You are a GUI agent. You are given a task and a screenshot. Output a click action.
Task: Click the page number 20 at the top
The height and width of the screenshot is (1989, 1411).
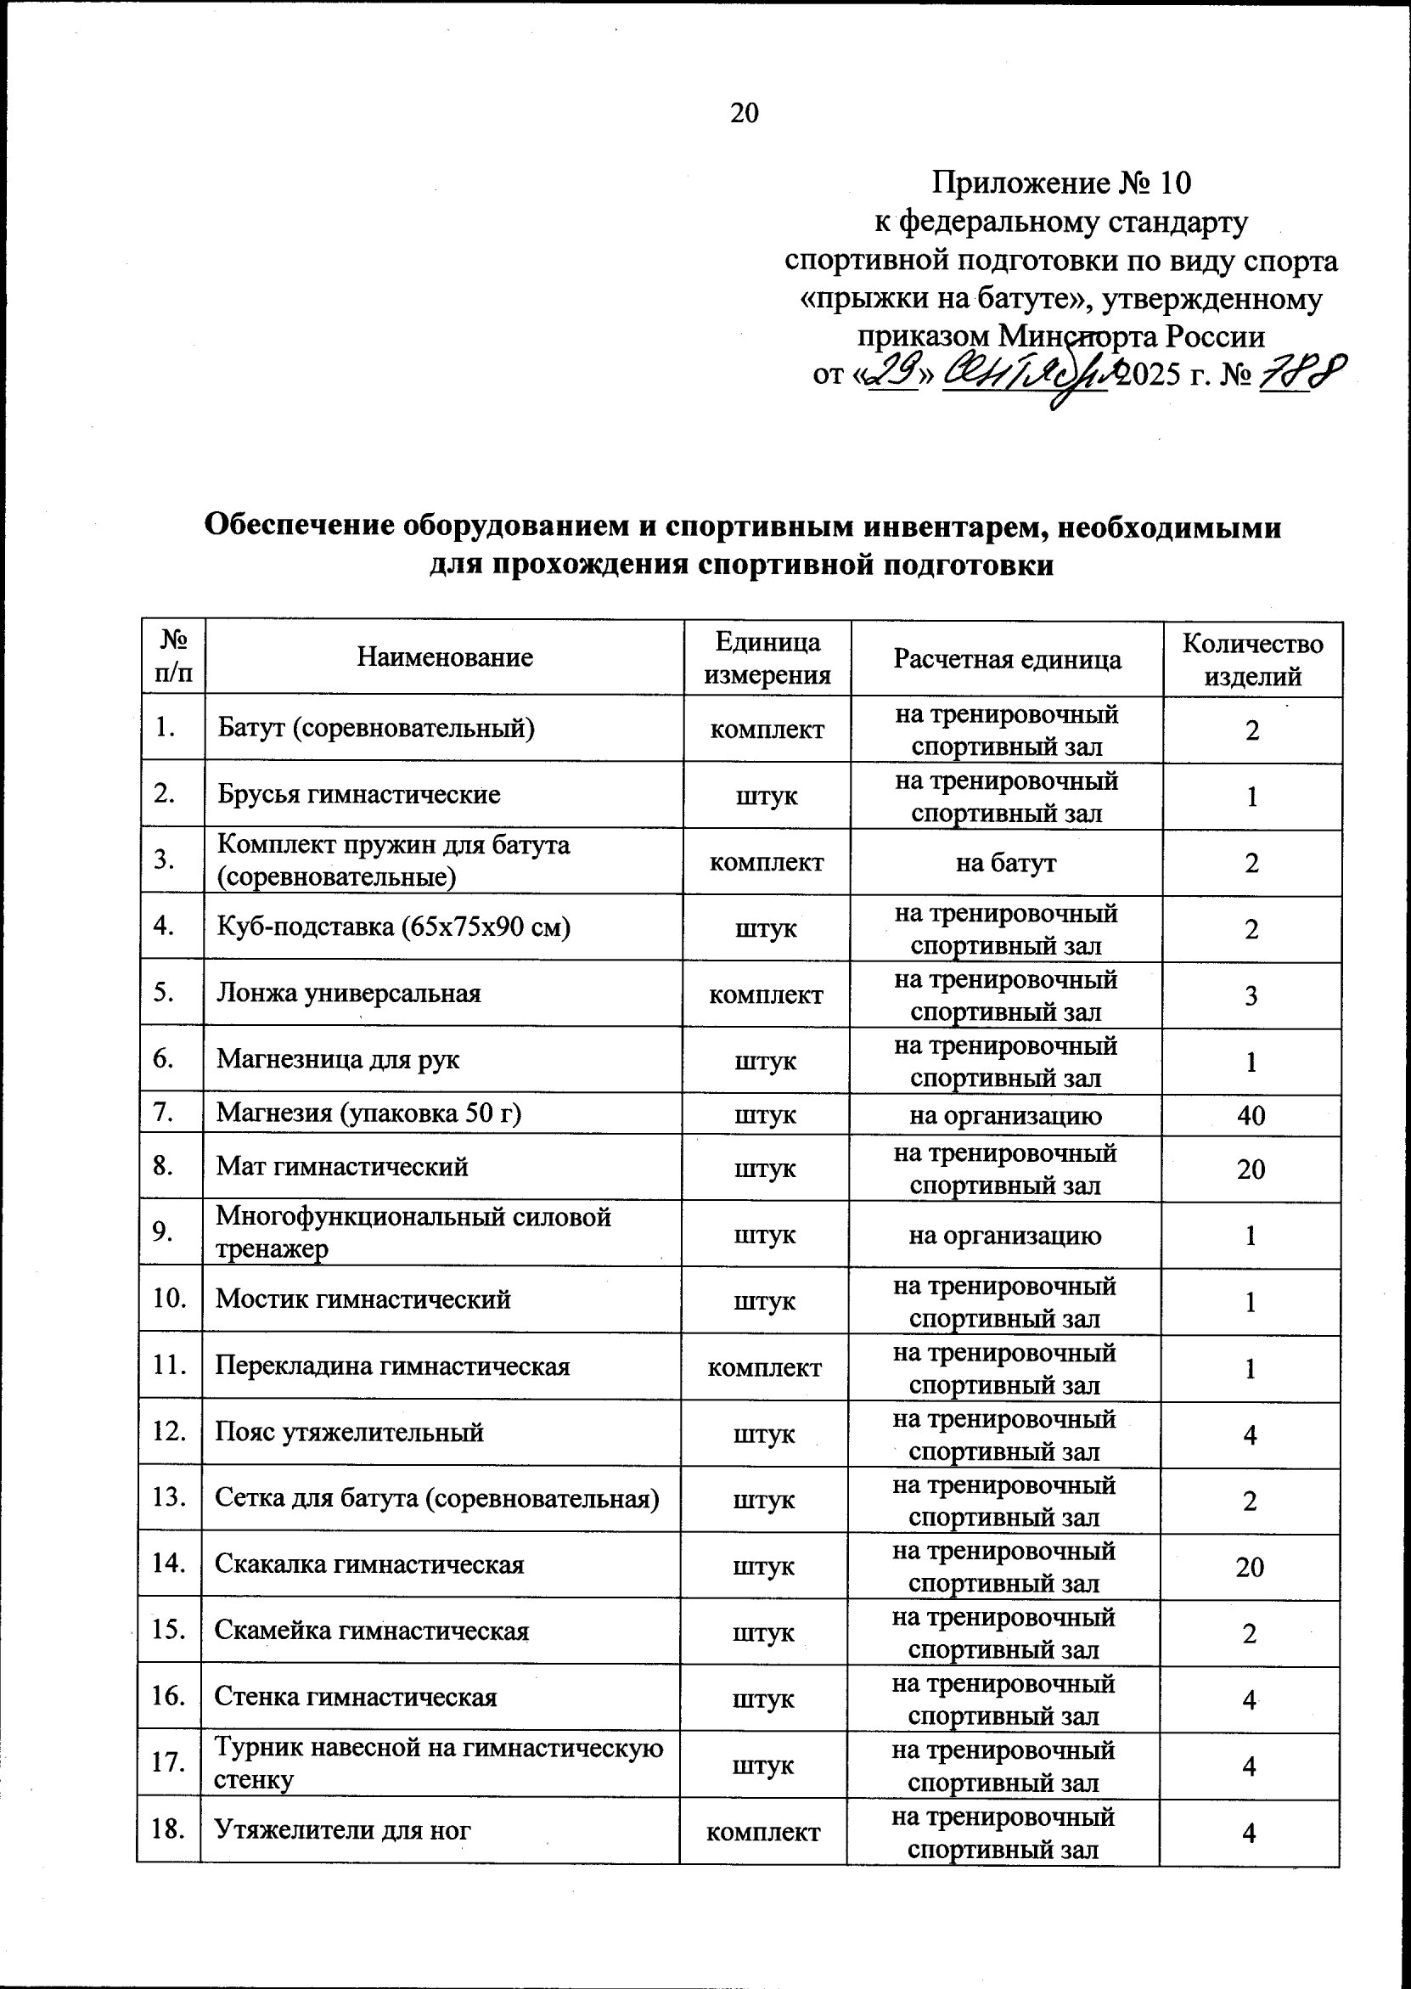tap(745, 113)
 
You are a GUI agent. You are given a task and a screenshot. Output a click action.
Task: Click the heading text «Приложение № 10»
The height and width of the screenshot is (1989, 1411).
tap(1062, 183)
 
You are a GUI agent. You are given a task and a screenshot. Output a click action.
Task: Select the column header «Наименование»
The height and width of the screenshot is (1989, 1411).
tap(445, 657)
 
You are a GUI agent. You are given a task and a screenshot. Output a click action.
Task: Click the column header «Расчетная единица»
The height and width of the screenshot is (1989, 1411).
tap(1008, 659)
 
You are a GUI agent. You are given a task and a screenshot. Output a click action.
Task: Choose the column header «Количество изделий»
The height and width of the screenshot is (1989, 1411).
tap(1252, 660)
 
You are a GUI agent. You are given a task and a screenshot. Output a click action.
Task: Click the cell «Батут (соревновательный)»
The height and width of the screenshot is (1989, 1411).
tap(375, 727)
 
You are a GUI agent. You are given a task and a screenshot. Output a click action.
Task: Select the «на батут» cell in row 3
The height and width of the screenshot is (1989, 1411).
tap(1006, 863)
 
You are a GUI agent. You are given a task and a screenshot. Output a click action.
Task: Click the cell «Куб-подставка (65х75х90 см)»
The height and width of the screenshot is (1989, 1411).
tap(394, 928)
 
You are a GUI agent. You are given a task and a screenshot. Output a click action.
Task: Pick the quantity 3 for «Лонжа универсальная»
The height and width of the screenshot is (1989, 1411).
tap(1251, 996)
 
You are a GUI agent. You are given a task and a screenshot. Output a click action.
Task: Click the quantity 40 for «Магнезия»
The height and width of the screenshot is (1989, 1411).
tap(1251, 1116)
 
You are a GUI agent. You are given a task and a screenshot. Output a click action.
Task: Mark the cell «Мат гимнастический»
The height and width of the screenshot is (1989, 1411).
tap(342, 1166)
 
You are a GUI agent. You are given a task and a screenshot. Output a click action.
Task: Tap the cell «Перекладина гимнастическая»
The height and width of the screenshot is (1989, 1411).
tap(393, 1366)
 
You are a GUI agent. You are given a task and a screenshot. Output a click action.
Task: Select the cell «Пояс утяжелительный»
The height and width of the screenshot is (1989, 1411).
tap(349, 1433)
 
